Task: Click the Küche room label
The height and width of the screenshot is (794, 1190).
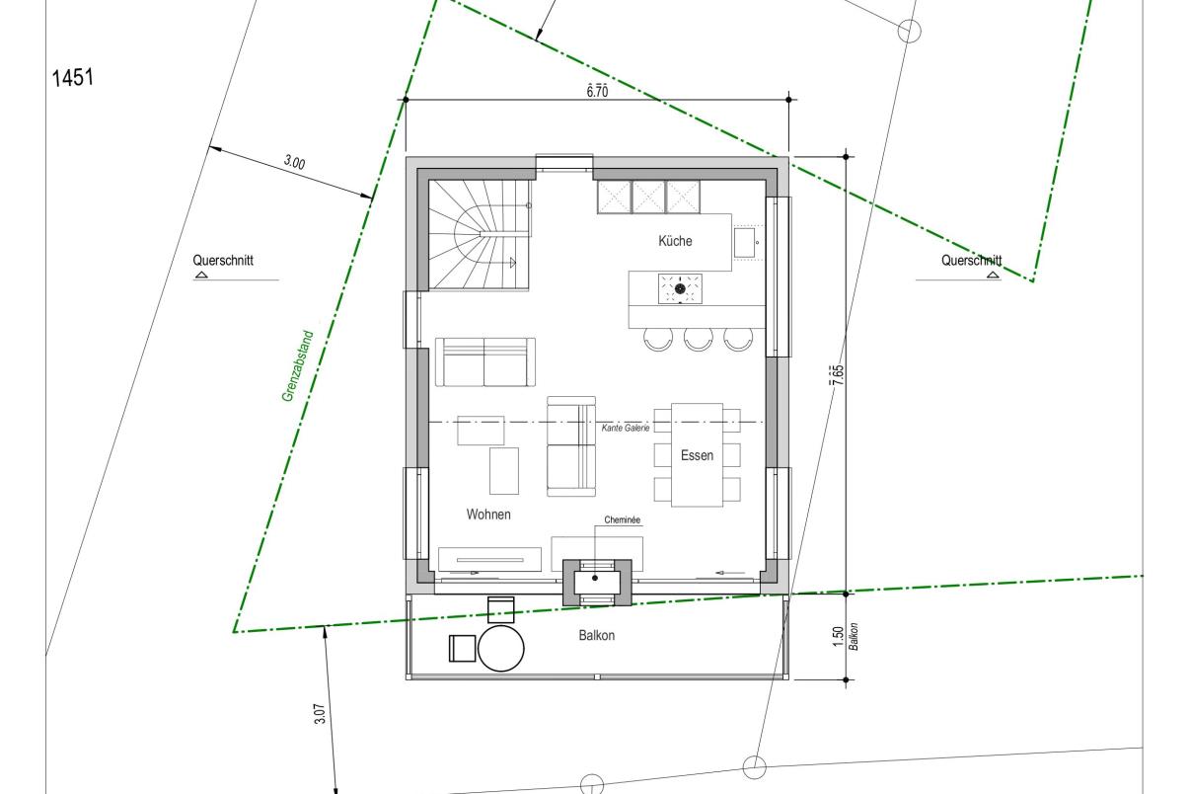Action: [675, 241]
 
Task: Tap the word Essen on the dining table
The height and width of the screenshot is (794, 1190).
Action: [697, 455]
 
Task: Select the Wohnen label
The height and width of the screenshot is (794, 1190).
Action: [488, 515]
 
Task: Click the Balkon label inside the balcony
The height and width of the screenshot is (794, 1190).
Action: [597, 635]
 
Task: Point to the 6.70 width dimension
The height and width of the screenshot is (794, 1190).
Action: [597, 91]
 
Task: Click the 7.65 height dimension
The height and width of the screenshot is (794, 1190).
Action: [838, 375]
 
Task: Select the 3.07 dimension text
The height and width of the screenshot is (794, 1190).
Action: [320, 714]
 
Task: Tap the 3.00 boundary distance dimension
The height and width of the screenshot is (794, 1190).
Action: [294, 162]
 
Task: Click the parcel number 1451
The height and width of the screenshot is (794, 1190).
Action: [73, 78]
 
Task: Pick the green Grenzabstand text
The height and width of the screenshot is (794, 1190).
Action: [298, 366]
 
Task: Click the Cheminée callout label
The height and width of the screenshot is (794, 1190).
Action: [622, 519]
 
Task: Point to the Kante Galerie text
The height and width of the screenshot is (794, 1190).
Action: [626, 428]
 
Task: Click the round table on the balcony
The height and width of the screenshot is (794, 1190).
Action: [500, 648]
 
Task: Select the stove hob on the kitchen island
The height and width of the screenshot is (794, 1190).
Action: [680, 288]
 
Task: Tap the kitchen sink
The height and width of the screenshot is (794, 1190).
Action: [746, 243]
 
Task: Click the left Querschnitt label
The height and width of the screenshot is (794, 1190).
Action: [223, 261]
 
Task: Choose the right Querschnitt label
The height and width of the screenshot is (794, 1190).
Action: [972, 261]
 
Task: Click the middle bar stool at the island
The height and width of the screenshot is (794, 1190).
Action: [698, 339]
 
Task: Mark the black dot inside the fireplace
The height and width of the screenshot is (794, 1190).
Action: [595, 578]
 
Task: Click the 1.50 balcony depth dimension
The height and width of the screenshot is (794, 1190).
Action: [839, 637]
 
